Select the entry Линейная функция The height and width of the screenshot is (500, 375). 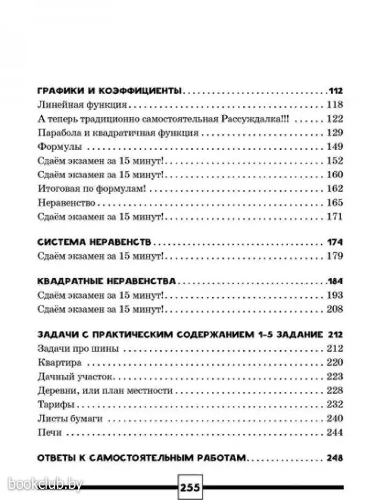pos(82,104)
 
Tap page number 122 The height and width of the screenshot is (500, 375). pos(334,118)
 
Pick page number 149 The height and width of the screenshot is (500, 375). pos(334,147)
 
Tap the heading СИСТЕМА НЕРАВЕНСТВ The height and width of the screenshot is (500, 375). pos(96,241)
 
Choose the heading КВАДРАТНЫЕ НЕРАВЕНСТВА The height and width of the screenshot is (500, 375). pos(108,281)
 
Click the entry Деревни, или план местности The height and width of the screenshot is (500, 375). pos(105,390)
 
